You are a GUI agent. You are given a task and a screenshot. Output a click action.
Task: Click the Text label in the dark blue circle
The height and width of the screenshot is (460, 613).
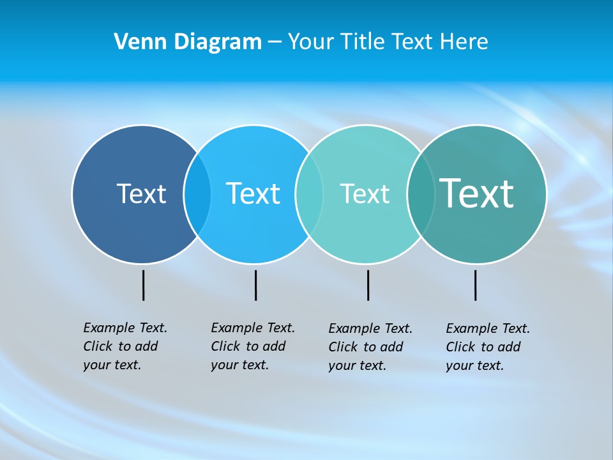click(141, 194)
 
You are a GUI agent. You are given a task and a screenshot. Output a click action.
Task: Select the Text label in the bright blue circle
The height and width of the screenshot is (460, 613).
click(253, 194)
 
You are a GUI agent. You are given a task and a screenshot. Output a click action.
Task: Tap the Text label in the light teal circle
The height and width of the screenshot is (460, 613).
click(365, 194)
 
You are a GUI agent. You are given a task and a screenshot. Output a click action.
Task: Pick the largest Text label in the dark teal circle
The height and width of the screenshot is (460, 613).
click(476, 193)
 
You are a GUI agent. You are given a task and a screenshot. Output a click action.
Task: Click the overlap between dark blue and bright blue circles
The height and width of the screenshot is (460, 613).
click(197, 194)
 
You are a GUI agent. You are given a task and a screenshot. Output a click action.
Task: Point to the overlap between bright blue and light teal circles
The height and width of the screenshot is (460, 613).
click(308, 194)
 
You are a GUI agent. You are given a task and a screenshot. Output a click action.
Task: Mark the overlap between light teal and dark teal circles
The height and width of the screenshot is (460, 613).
click(421, 194)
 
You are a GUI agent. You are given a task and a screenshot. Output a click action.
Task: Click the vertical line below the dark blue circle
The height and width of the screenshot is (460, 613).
click(143, 285)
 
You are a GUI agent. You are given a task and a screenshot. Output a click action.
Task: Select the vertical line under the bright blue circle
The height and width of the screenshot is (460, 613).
click(255, 285)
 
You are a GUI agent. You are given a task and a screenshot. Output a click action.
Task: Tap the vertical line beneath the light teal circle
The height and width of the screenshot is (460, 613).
click(368, 285)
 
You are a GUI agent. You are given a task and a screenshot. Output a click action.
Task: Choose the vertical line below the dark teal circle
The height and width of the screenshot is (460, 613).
click(475, 285)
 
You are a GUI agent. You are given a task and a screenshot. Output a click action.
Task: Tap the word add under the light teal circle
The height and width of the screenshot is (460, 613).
click(392, 347)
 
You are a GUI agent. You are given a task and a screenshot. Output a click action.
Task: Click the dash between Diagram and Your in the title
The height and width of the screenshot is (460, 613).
click(275, 42)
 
